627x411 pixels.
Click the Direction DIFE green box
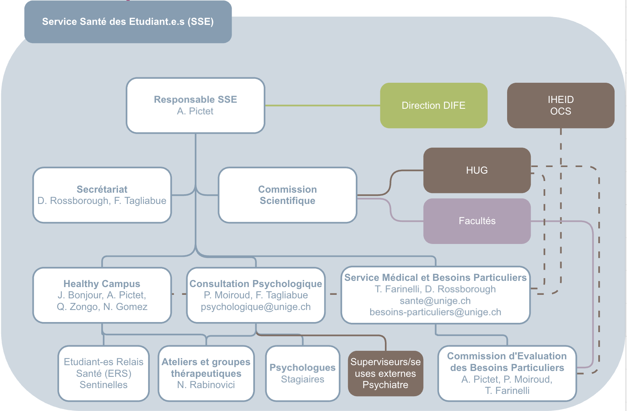tap(433, 105)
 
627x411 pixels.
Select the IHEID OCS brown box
tap(561, 105)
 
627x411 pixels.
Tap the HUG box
tap(477, 170)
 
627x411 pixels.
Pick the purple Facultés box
tap(477, 221)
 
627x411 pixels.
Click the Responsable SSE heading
tap(195, 99)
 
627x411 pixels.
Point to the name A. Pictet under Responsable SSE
tap(195, 111)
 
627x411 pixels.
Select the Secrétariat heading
tap(102, 189)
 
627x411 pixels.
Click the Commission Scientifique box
tap(288, 195)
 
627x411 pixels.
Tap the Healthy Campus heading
tap(102, 284)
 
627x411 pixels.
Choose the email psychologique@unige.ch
tap(256, 307)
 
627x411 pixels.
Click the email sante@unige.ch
tap(435, 301)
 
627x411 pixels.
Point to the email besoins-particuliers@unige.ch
tap(435, 312)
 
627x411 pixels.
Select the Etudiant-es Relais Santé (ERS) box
tap(104, 373)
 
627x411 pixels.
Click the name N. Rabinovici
tap(206, 385)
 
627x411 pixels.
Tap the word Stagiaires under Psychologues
tap(303, 380)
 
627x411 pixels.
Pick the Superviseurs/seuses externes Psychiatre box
tap(385, 373)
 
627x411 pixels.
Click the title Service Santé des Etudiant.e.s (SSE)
tap(128, 22)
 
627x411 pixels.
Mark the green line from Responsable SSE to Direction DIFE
tap(322, 105)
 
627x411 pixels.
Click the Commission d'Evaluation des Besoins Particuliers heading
tap(507, 362)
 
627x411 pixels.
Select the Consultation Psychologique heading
tap(256, 284)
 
